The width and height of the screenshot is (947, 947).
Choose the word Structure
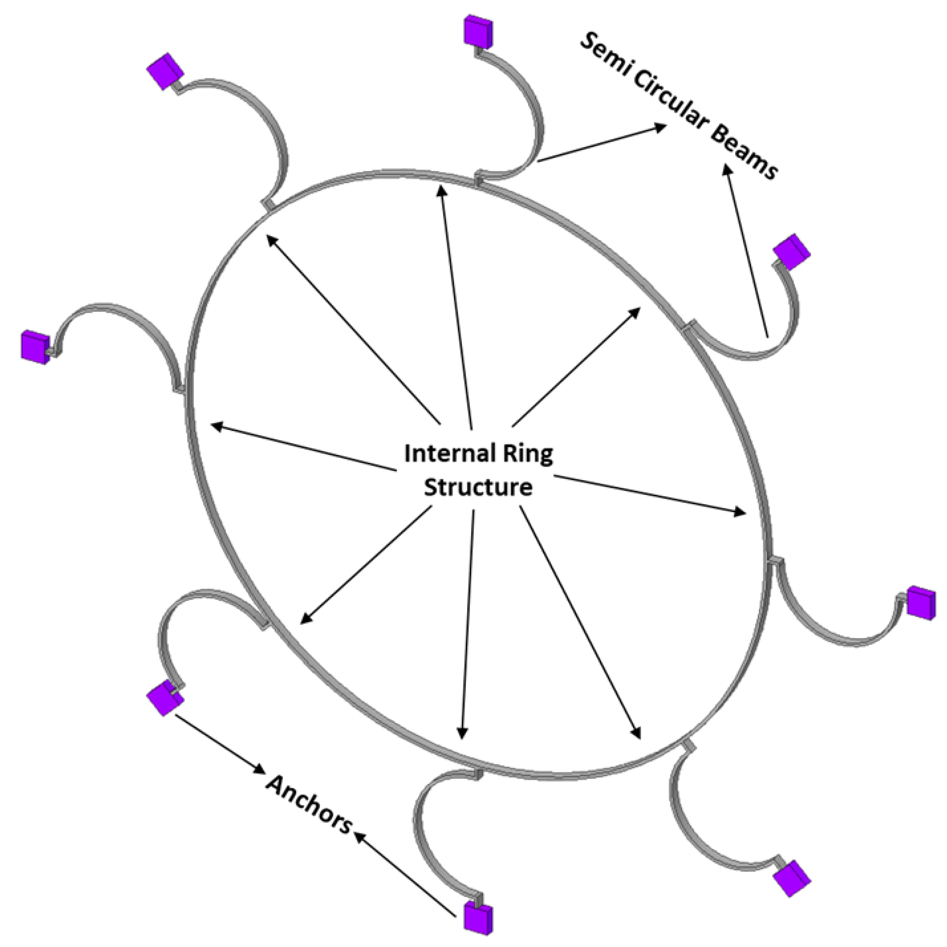pyautogui.click(x=478, y=488)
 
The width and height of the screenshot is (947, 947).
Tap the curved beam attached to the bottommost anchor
pyautogui.click(x=426, y=833)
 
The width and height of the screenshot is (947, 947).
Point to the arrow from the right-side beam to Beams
pyautogui.click(x=745, y=250)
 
